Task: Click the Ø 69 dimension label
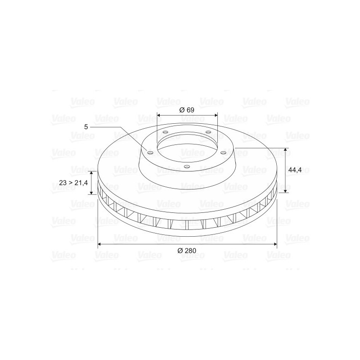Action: pyautogui.click(x=187, y=110)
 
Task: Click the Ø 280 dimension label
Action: pyautogui.click(x=187, y=251)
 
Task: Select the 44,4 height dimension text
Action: pyautogui.click(x=295, y=170)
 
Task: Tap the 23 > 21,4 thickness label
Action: pyautogui.click(x=73, y=183)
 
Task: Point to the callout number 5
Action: pyautogui.click(x=86, y=127)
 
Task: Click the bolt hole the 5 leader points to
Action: pyautogui.click(x=150, y=153)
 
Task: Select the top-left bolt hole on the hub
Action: pyautogui.click(x=165, y=132)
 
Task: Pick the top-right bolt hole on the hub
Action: pyautogui.click(x=208, y=132)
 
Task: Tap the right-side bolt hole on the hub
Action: pyautogui.click(x=223, y=153)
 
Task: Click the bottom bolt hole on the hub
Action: pyautogui.click(x=187, y=166)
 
